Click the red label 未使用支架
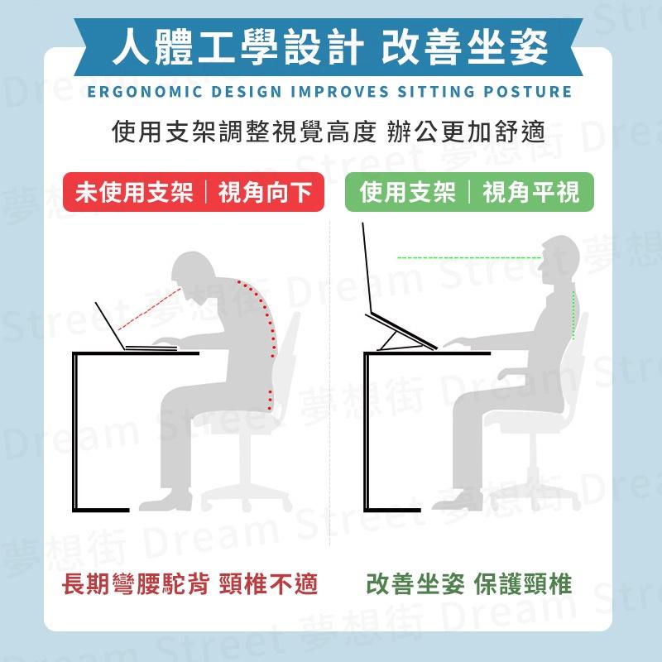coord(133,194)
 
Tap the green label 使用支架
coord(408,194)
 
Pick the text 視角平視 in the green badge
coord(531,194)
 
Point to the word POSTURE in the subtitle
coord(530,91)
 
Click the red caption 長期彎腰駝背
coord(137,585)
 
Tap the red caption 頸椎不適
coord(270,585)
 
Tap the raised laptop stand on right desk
coord(401,331)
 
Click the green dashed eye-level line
coord(468,258)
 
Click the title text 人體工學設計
coord(236,47)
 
